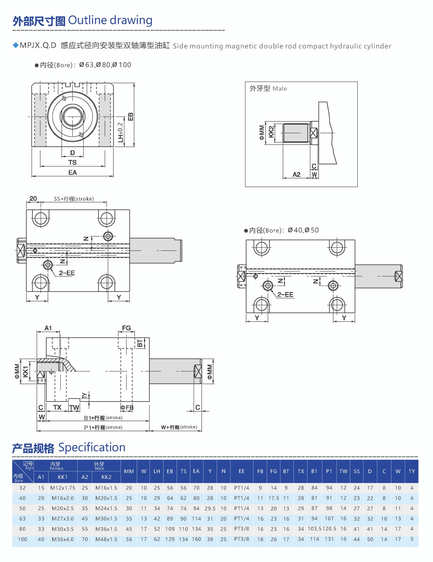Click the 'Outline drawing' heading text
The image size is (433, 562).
pyautogui.click(x=110, y=21)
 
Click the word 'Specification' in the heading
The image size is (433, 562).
pyautogui.click(x=92, y=448)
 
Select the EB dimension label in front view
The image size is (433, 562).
pyautogui.click(x=130, y=117)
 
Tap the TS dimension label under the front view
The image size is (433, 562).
pyautogui.click(x=72, y=163)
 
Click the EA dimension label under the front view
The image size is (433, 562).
pyautogui.click(x=72, y=173)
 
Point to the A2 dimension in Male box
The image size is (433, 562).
pyautogui.click(x=296, y=175)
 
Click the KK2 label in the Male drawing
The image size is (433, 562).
pyautogui.click(x=271, y=132)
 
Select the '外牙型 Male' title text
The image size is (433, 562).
pyautogui.click(x=268, y=88)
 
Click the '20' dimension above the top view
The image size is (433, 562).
pyautogui.click(x=33, y=199)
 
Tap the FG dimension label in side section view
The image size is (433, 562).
pyautogui.click(x=126, y=328)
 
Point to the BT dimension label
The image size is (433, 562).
pyautogui.click(x=140, y=343)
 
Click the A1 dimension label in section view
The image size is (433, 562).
pyautogui.click(x=48, y=328)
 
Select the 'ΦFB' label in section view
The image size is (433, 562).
pyautogui.click(x=127, y=408)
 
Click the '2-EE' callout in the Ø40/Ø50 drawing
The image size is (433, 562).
pyautogui.click(x=285, y=295)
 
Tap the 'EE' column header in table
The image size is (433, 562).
pyautogui.click(x=241, y=471)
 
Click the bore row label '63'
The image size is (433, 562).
pyautogui.click(x=22, y=519)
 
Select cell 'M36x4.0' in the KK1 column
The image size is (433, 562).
pyautogui.click(x=63, y=539)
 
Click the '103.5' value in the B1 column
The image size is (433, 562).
pyautogui.click(x=314, y=529)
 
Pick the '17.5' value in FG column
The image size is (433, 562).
pyautogui.click(x=274, y=498)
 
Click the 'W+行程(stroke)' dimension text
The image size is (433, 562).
pyautogui.click(x=179, y=427)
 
